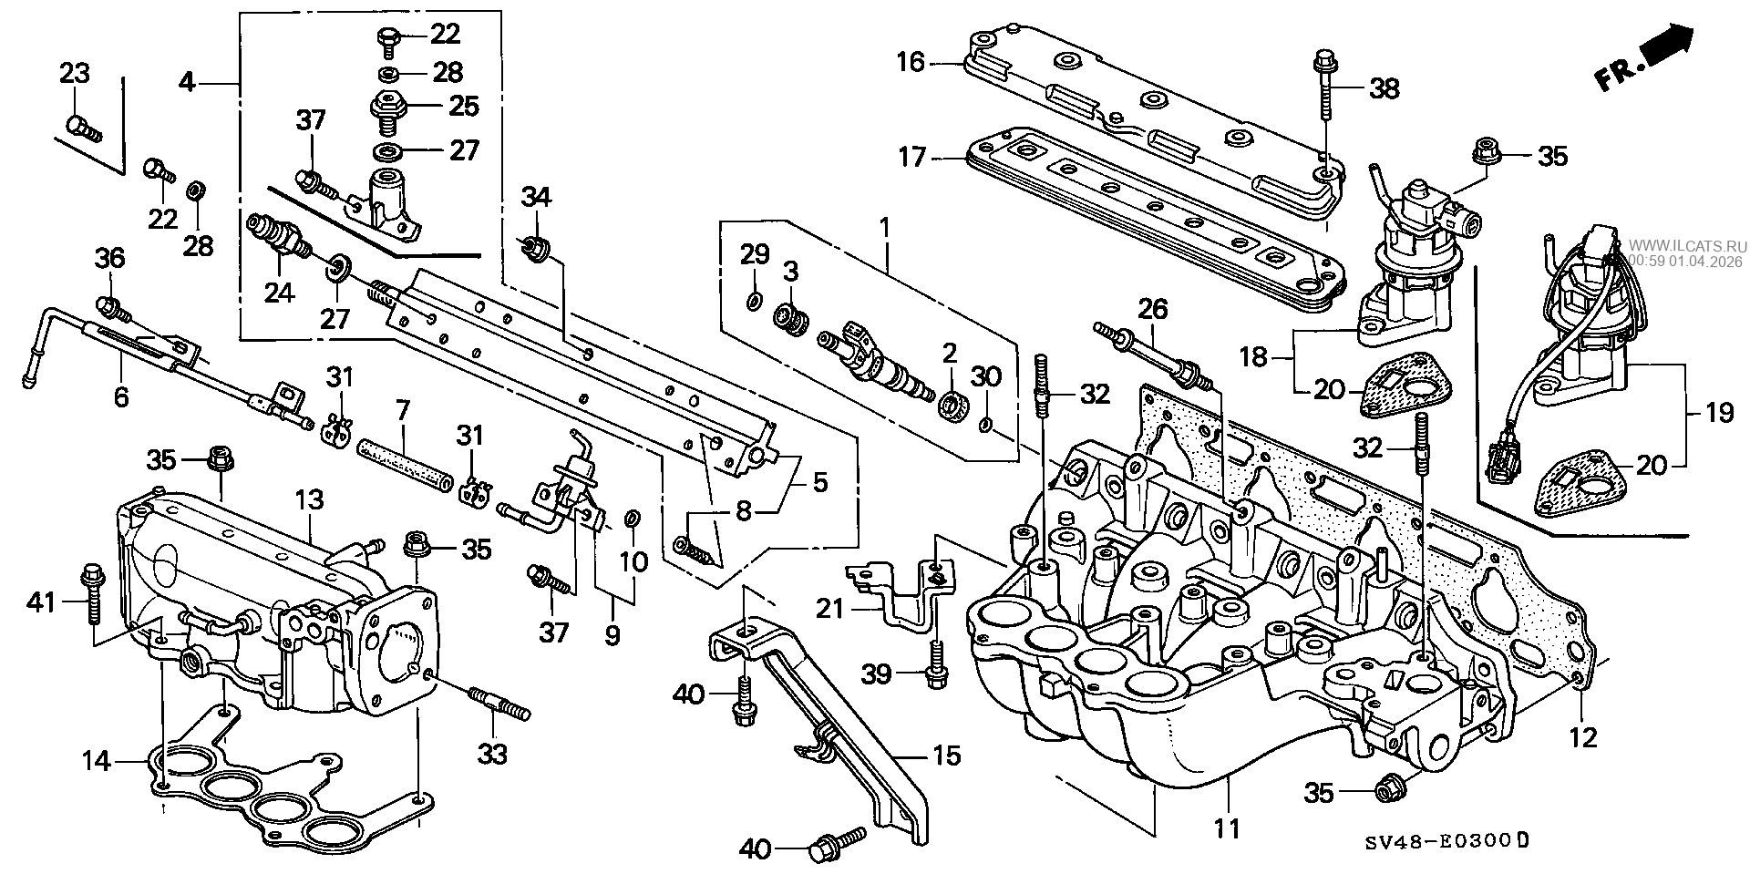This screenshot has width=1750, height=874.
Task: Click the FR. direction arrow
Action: coord(1644,60)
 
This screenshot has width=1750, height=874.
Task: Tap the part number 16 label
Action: coord(910,62)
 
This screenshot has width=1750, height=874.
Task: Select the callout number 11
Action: coord(1228,828)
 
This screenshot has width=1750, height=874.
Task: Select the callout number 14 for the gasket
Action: coord(98,759)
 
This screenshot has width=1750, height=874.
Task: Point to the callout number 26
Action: coord(1153,310)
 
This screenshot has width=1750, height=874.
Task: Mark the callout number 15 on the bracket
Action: coord(947,756)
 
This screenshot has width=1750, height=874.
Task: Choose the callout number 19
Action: coord(1719,413)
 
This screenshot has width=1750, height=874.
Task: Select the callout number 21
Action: coord(830,607)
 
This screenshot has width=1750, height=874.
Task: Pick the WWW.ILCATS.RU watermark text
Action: coord(1687,245)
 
